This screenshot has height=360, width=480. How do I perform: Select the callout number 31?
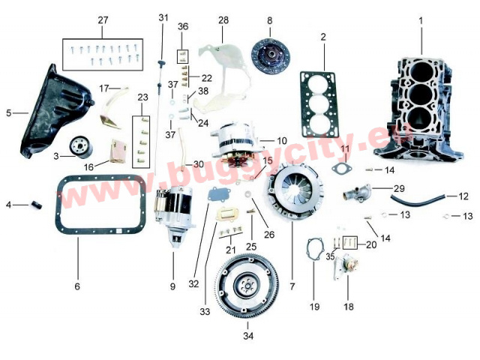pyautogui.click(x=163, y=17)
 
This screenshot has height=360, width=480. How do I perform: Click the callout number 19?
pyautogui.click(x=314, y=306)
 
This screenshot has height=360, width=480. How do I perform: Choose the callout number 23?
pyautogui.click(x=142, y=97)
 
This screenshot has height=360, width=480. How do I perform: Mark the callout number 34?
pyautogui.click(x=248, y=337)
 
